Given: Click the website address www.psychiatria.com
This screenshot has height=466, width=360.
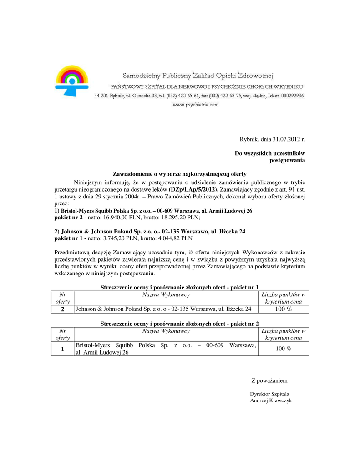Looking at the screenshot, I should click(196, 105).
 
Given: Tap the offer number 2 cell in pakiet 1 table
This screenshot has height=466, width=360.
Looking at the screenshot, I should click(63, 309).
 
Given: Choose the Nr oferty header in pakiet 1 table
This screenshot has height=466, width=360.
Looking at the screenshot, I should click(63, 298).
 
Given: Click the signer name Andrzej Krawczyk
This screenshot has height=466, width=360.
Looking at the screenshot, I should click(271, 400).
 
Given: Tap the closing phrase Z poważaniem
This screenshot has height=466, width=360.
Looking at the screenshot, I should click(269, 380).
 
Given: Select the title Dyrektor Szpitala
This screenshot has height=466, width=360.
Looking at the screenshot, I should click(269, 394).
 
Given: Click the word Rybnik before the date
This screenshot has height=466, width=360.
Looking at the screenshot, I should click(248, 139).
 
